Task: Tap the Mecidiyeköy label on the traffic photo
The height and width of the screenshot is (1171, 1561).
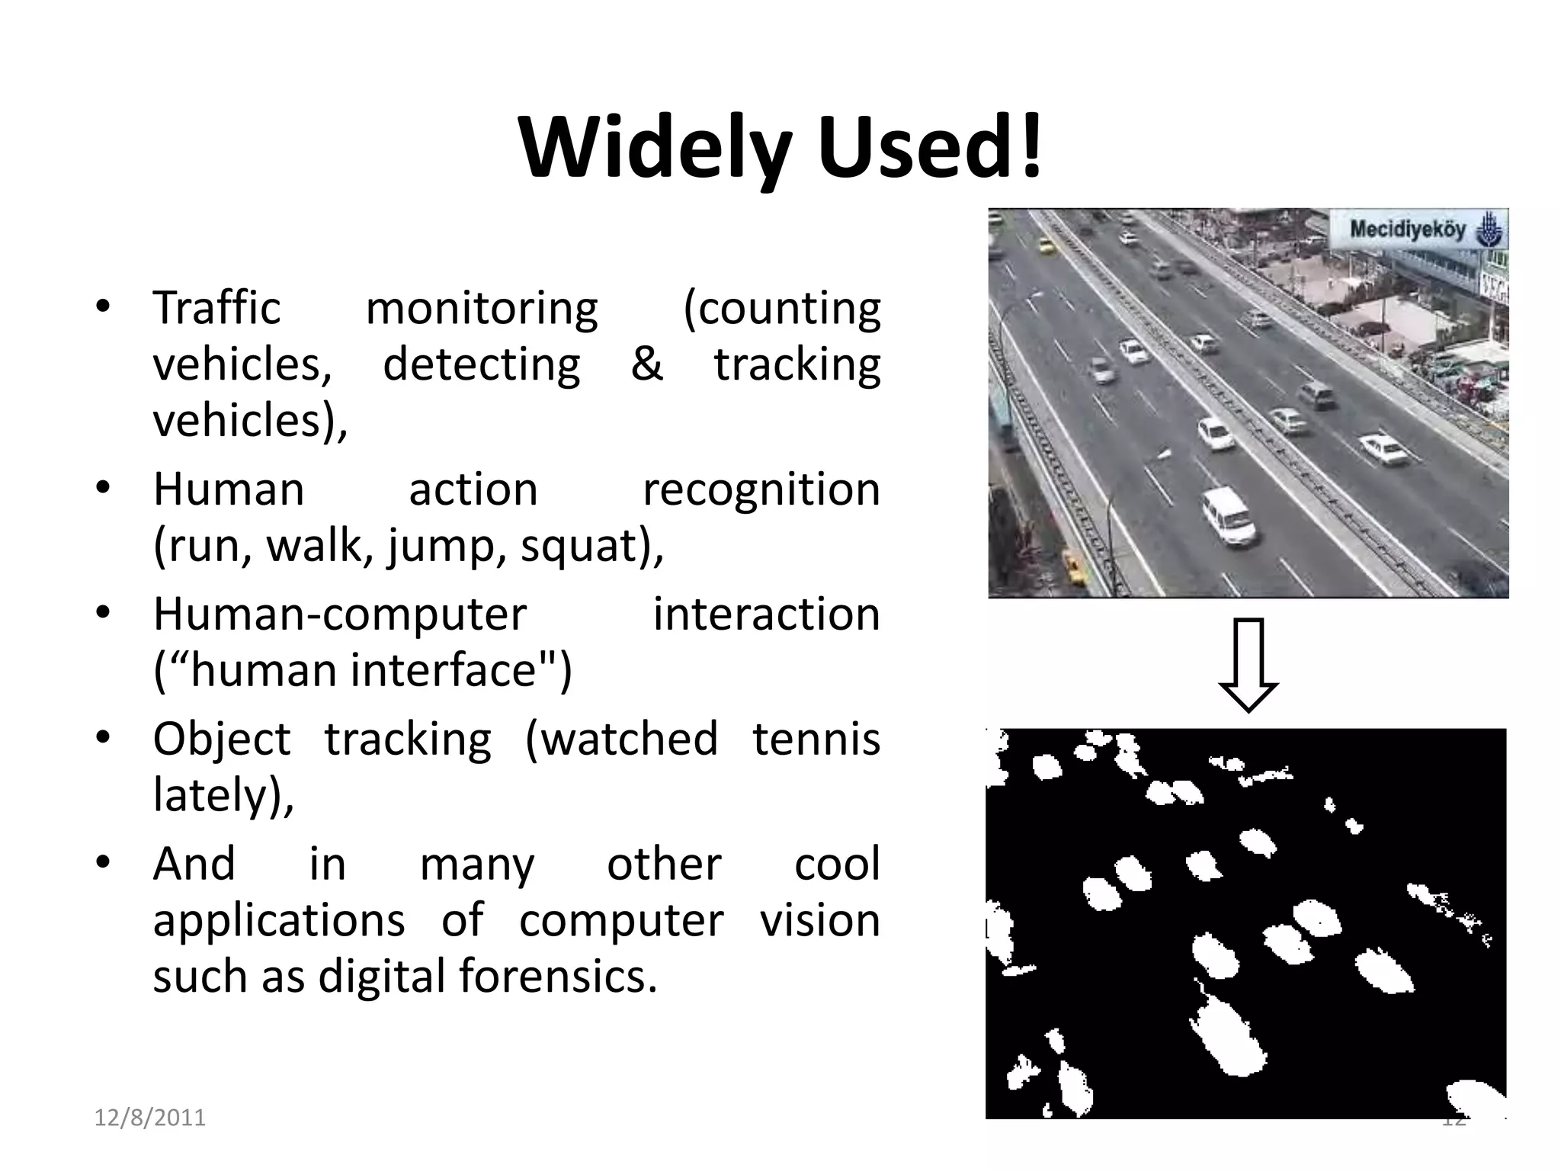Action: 1407,229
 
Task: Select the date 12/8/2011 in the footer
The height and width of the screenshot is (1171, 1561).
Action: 150,1118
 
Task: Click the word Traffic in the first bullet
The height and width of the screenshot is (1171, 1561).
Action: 217,308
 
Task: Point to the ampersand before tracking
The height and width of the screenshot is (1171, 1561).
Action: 646,364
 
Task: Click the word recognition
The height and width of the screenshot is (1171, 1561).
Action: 761,489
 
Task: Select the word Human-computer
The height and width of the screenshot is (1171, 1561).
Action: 340,614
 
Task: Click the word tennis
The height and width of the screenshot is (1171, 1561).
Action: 816,738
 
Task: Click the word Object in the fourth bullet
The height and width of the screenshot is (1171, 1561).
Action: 222,738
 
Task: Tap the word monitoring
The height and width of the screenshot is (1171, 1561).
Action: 482,308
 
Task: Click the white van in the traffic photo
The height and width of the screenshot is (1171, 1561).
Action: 1229,516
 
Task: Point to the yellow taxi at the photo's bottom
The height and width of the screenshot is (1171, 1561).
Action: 1075,568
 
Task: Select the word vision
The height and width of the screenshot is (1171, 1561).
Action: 819,919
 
